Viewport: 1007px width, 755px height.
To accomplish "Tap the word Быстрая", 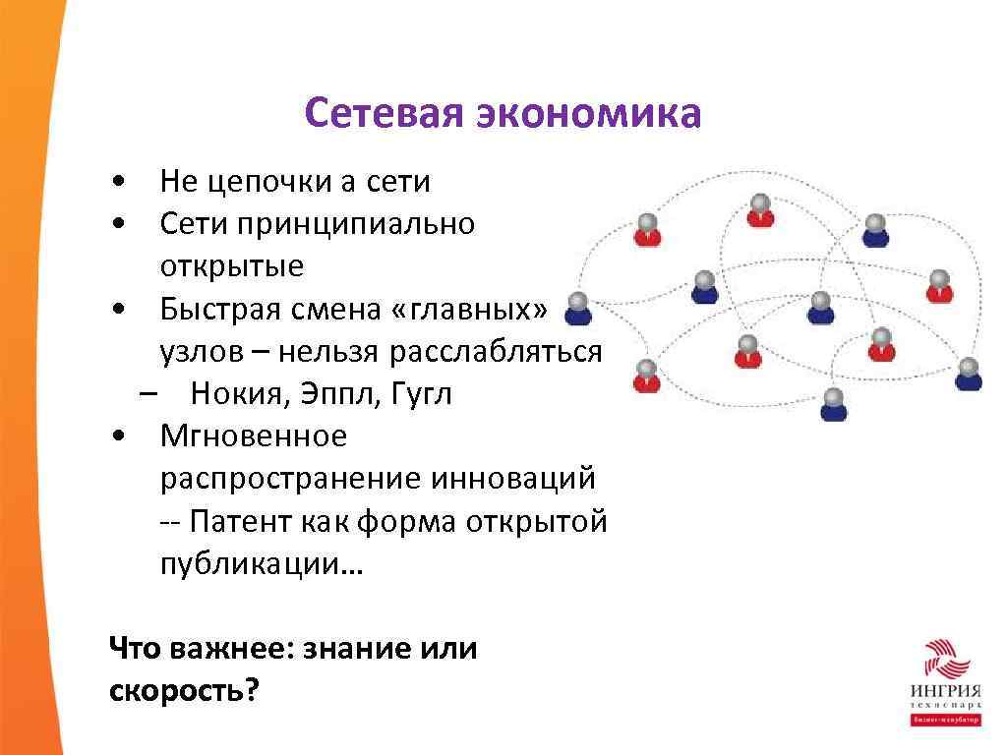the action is click(219, 310).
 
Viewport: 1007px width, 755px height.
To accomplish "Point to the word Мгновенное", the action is click(254, 436).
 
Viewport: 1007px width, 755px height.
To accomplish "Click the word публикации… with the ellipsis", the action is click(262, 564).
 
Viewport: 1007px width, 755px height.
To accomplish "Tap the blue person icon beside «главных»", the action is click(578, 309).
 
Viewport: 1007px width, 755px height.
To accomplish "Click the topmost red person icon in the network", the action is click(759, 210).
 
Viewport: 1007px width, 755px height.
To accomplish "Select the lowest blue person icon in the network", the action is click(834, 405).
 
